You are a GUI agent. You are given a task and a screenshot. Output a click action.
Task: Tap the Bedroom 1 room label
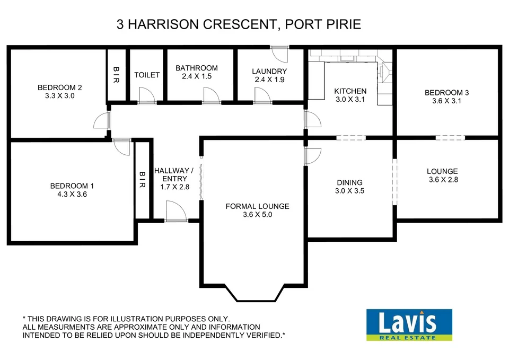point(72,186)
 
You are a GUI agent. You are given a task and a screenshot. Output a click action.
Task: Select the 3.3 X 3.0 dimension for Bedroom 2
point(59,96)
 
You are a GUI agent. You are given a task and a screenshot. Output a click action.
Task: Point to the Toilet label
point(147,75)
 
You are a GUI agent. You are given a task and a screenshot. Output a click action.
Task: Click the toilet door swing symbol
point(146,95)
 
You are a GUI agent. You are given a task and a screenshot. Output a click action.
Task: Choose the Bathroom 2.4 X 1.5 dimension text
point(197,76)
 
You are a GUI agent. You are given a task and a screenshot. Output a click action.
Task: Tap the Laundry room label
point(269,71)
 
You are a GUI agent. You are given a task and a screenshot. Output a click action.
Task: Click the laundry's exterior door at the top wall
point(278,52)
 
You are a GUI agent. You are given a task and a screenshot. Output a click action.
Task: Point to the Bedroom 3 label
point(447,93)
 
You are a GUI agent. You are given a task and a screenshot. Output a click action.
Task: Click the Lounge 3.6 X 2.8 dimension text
point(443,180)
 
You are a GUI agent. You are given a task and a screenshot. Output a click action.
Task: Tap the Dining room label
point(349,182)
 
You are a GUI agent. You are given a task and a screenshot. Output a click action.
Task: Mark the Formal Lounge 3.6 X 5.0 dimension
point(257,215)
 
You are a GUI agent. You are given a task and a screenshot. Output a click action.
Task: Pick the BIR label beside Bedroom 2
point(117,74)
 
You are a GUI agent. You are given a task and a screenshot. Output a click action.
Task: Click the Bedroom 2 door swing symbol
point(101,122)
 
